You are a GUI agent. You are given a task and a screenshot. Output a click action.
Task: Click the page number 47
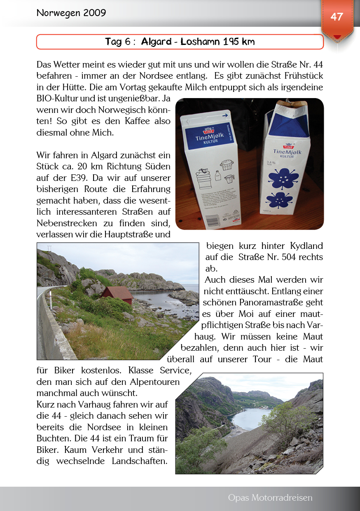337,17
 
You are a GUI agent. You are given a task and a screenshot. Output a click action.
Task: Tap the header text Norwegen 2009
71,13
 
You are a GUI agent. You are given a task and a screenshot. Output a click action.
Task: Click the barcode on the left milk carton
213,221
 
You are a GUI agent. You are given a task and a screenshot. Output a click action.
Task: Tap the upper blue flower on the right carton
284,176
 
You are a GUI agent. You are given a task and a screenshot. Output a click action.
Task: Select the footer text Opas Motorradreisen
270,498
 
